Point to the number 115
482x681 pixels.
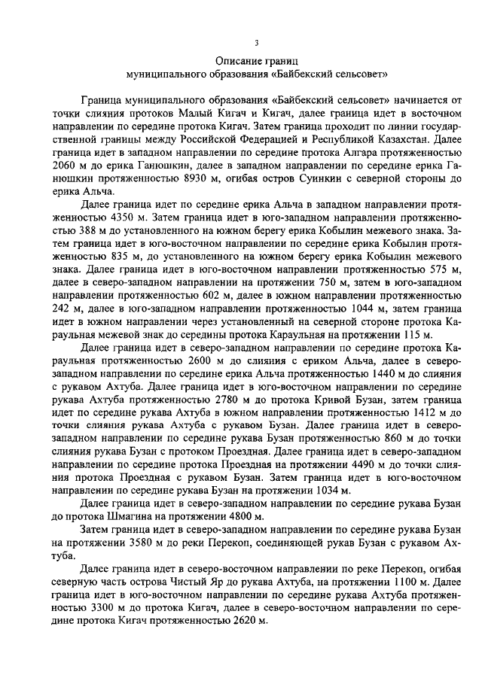coord(415,335)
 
